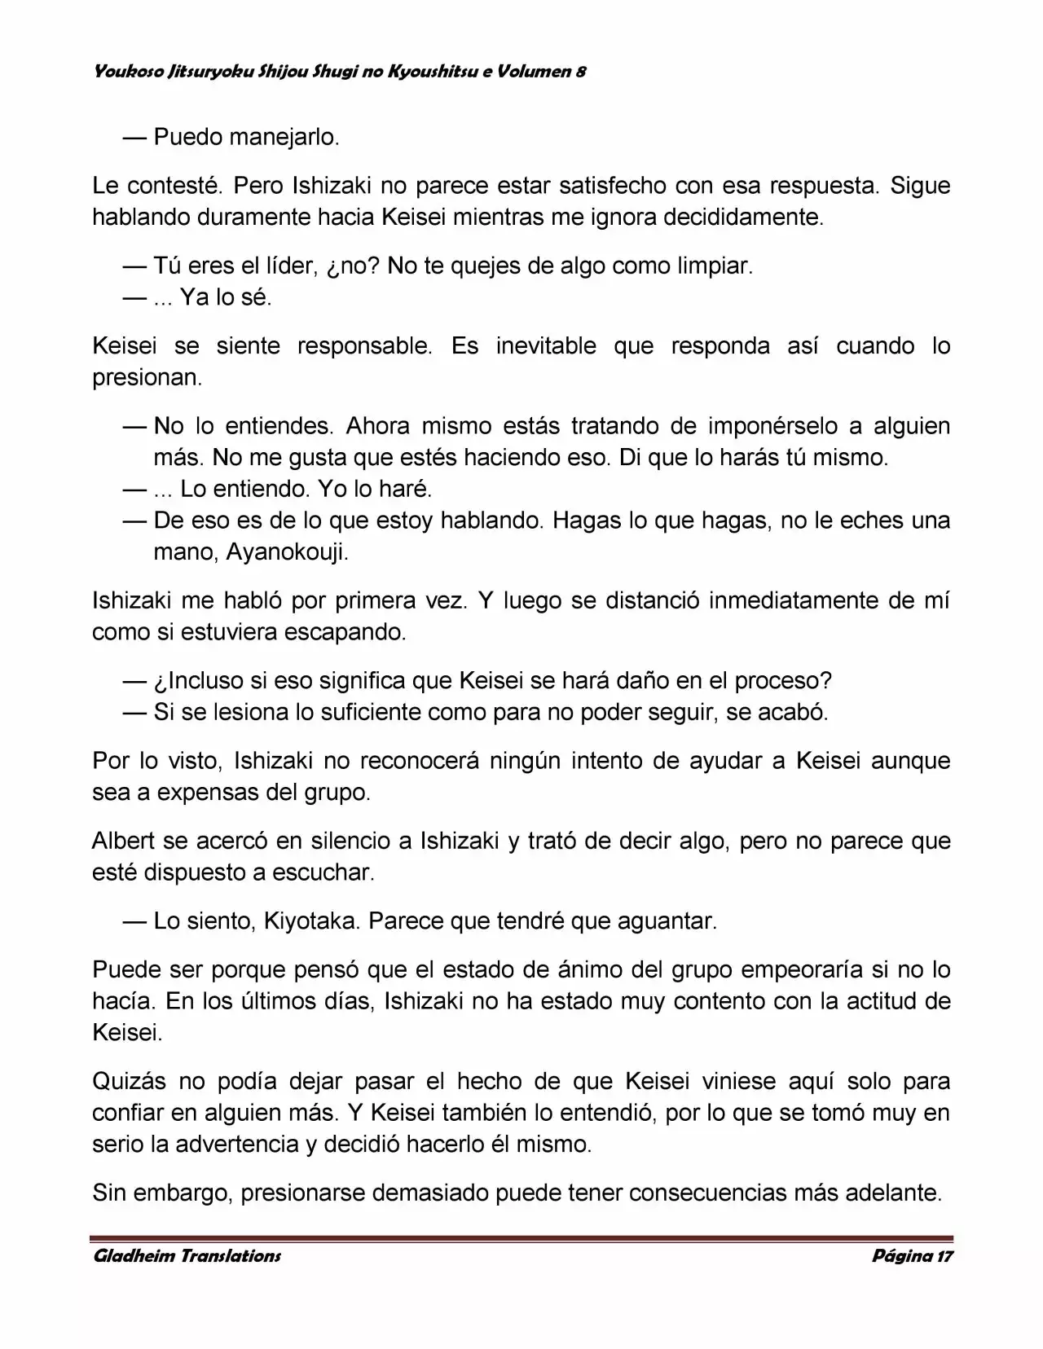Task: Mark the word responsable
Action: [x=364, y=346]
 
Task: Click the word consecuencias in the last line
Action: [x=707, y=1193]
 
